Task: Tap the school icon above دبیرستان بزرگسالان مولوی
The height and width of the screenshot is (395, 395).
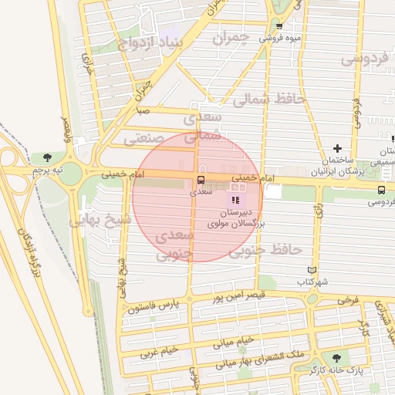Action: click(235, 201)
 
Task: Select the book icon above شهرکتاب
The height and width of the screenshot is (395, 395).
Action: click(312, 270)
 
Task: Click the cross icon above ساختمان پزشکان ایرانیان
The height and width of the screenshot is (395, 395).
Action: click(336, 148)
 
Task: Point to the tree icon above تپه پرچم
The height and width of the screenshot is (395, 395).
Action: click(49, 157)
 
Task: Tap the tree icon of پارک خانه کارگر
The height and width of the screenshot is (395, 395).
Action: click(336, 358)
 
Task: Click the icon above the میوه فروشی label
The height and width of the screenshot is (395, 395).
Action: click(279, 25)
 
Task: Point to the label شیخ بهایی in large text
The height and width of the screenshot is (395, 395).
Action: click(100, 220)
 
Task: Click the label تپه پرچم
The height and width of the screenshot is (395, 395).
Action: click(46, 169)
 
